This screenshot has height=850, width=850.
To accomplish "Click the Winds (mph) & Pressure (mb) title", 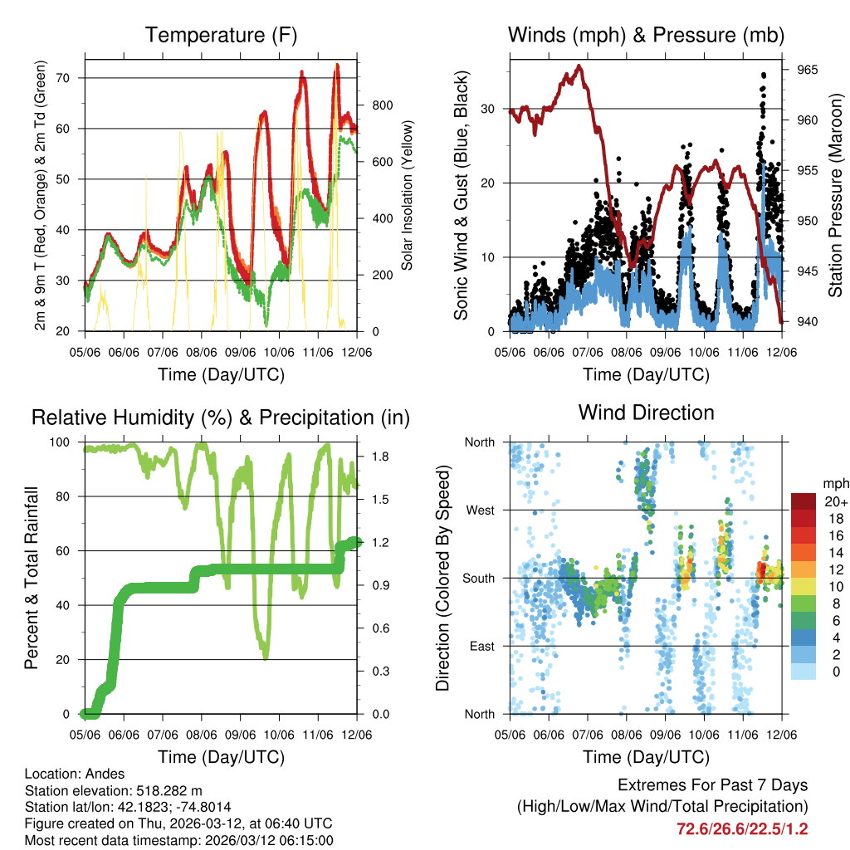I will click(646, 35).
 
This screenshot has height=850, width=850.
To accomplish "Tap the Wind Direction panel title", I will click(646, 413).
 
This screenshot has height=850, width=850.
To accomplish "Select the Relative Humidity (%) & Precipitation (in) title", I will click(220, 418).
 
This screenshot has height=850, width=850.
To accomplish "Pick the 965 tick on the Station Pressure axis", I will click(808, 70).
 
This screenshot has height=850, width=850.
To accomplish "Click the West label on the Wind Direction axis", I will click(480, 510).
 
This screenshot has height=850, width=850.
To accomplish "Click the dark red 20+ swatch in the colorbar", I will click(804, 501).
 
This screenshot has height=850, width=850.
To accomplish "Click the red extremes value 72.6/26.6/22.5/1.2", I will click(743, 828).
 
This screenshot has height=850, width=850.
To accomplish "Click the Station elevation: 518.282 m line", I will click(114, 790).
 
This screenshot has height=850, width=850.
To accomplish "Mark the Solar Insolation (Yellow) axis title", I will click(408, 196).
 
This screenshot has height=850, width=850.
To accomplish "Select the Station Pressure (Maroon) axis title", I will click(836, 196).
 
